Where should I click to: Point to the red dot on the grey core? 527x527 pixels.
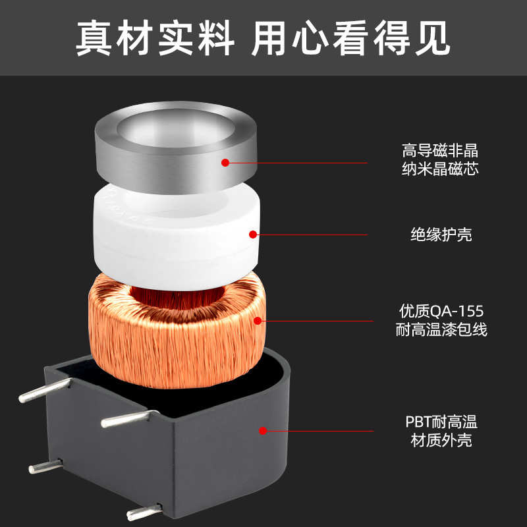[x=225, y=162]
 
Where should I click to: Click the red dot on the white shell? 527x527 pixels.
[x=252, y=234]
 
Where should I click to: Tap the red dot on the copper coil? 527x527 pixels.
[x=258, y=321]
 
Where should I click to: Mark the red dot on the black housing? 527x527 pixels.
[x=263, y=431]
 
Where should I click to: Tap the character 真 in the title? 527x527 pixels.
[x=94, y=38]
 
